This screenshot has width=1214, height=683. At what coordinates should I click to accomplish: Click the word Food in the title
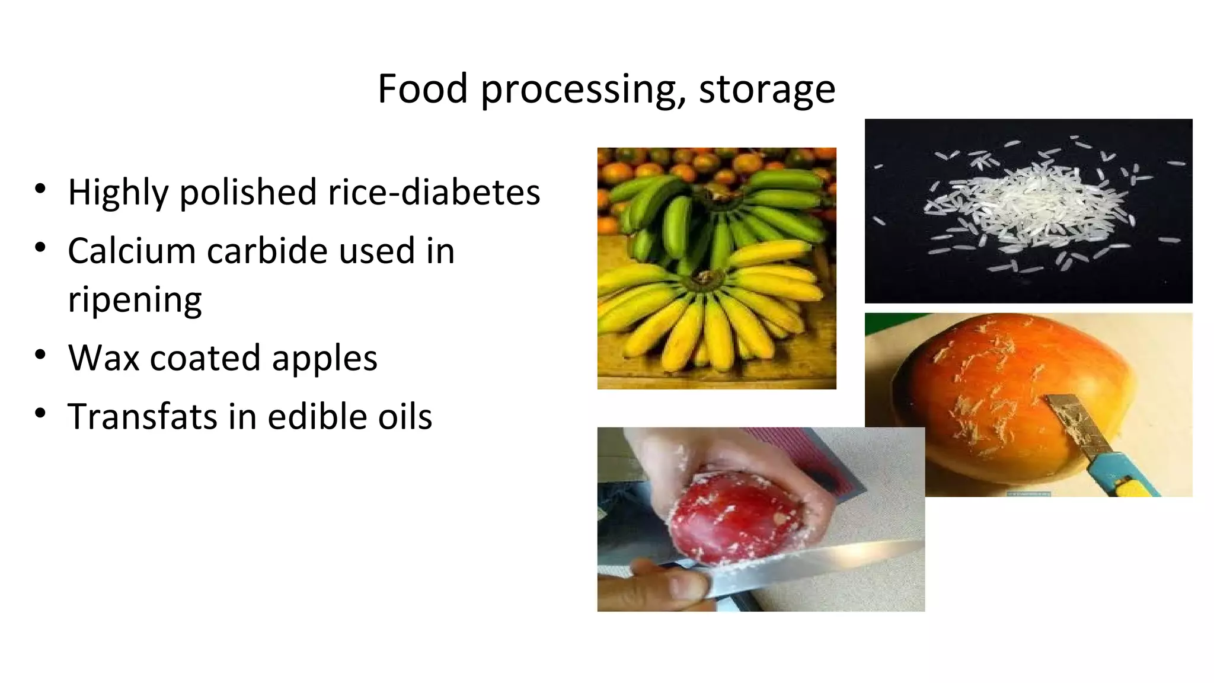tap(423, 89)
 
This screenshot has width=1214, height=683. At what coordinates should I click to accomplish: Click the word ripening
tap(135, 299)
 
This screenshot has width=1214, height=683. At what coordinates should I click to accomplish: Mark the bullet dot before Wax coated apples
tap(40, 355)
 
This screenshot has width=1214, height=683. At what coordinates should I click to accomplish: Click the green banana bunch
tap(717, 213)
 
